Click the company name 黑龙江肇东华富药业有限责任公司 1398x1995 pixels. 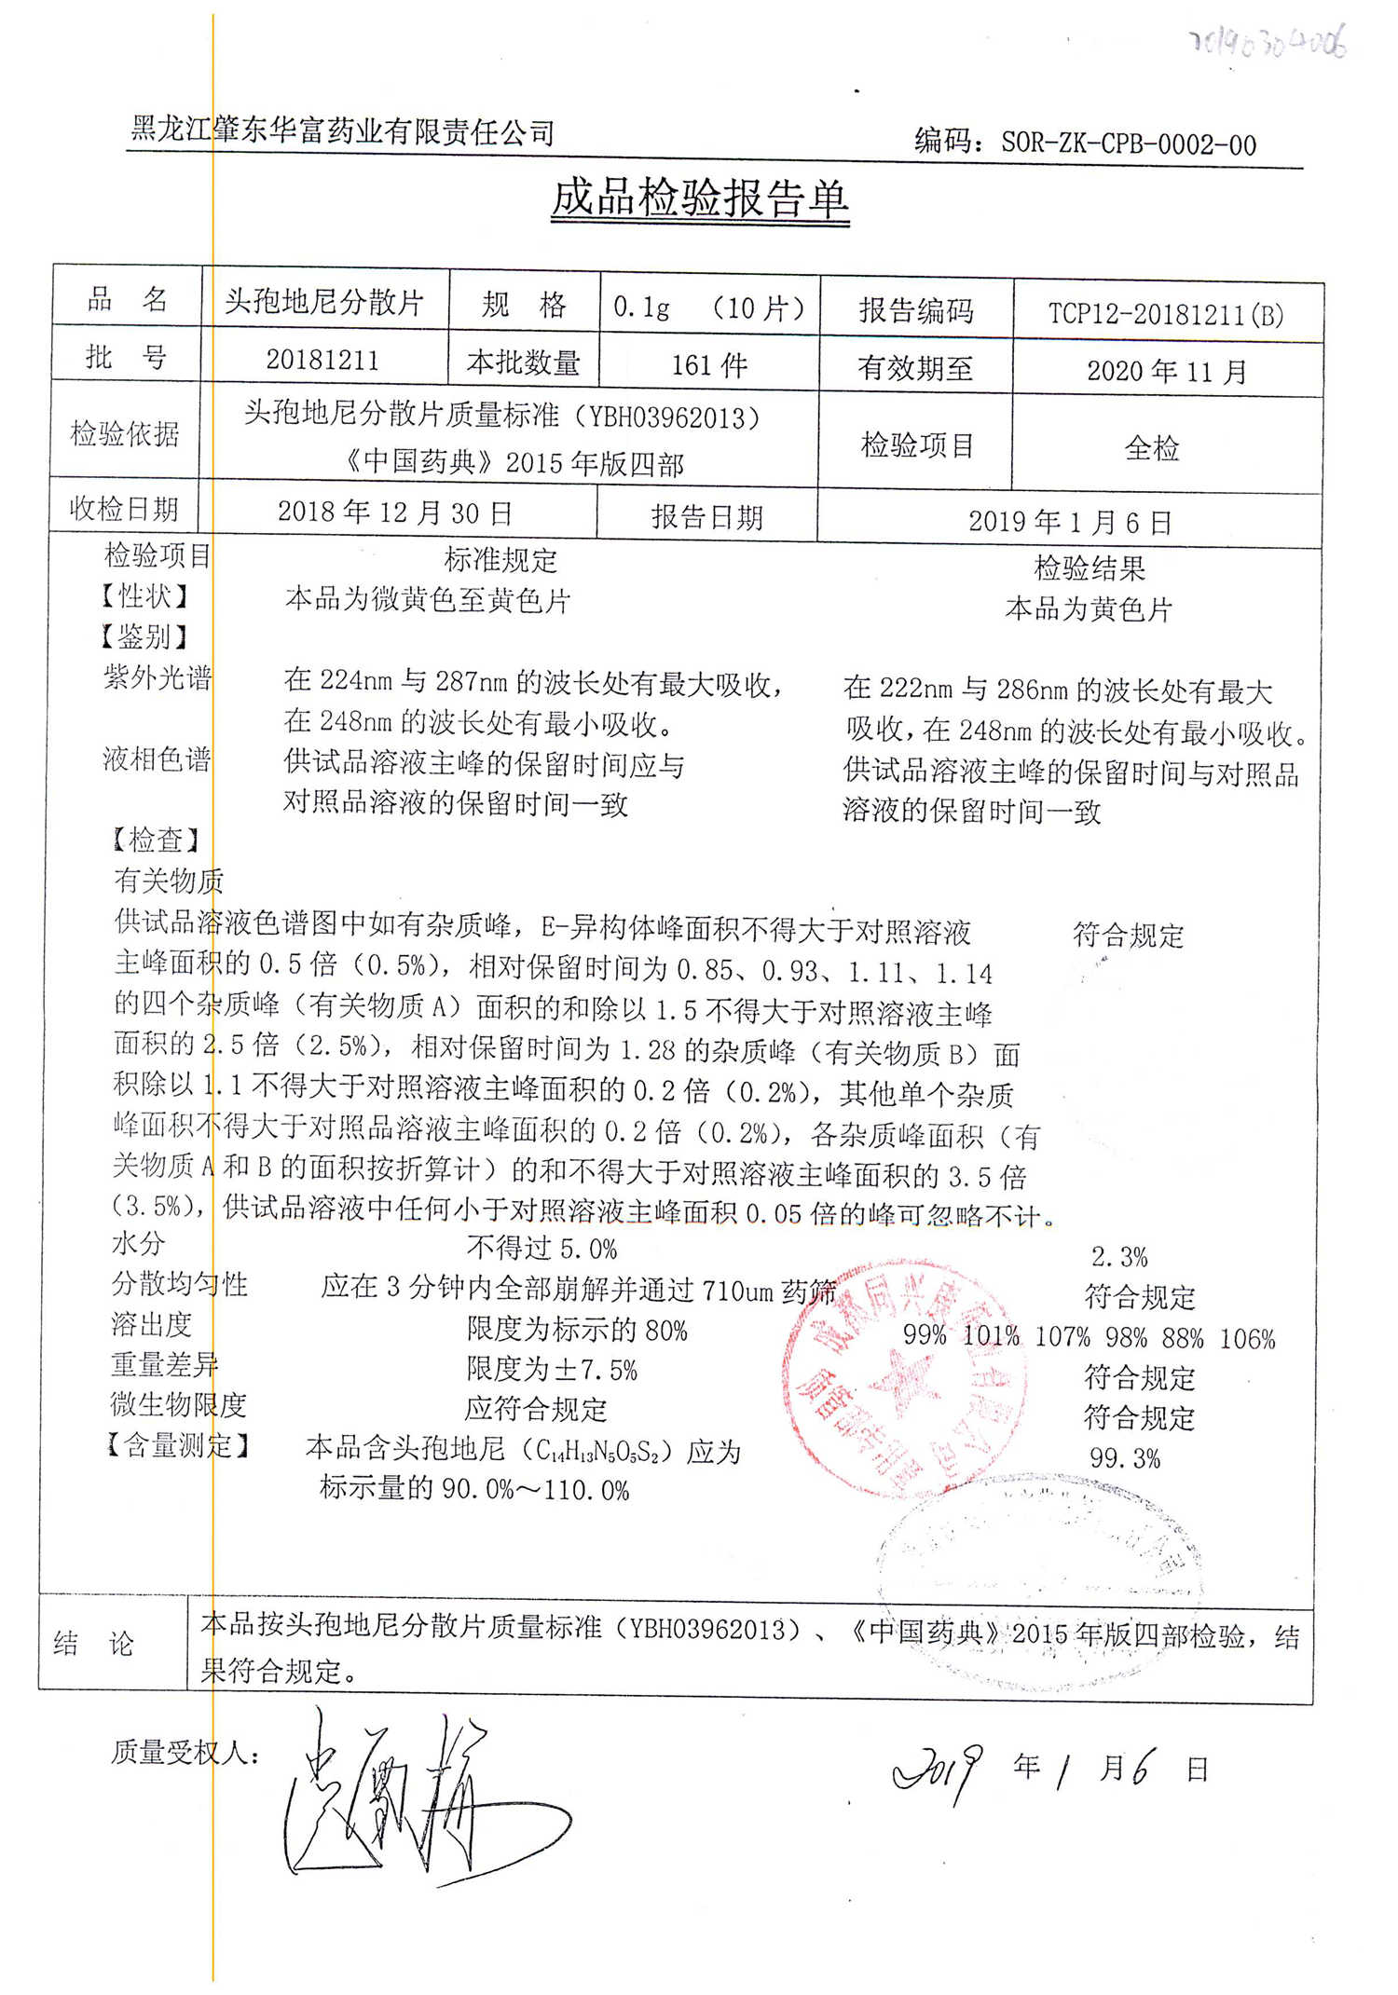pos(342,130)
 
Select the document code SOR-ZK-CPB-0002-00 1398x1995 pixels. pos(1128,143)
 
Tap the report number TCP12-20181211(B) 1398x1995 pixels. pos(1166,313)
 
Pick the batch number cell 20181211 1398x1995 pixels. pos(322,360)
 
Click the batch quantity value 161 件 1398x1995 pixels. pos(709,364)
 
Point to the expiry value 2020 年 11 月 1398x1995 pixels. pos(1167,371)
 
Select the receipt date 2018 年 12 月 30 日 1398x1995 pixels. pos(395,512)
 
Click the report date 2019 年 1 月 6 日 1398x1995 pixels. pos(1069,521)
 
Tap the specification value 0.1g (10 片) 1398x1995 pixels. pos(708,307)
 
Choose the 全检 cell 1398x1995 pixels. pos(1152,448)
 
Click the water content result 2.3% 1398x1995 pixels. pos(1119,1256)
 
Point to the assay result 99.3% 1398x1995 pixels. pos(1125,1457)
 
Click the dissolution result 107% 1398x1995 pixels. pos(1062,1337)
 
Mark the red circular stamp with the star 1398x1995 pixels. pos(904,1379)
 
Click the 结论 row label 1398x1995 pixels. pos(94,1643)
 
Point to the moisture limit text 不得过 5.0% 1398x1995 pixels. pos(541,1248)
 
